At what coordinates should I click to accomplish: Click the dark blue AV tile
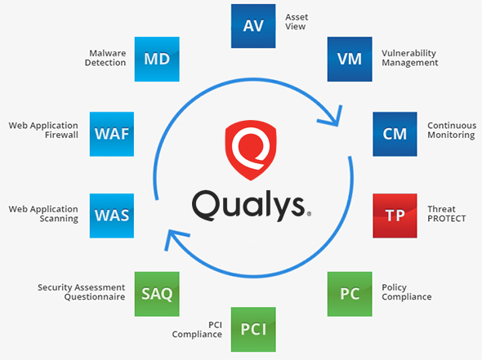click(252, 25)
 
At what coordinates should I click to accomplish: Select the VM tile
click(349, 59)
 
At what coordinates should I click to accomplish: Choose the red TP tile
click(395, 216)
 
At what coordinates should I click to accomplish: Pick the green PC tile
click(350, 292)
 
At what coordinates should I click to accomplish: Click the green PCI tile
click(253, 328)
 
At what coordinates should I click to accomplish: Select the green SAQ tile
click(156, 292)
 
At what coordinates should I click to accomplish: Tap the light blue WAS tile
click(110, 216)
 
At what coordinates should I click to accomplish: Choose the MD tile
click(156, 59)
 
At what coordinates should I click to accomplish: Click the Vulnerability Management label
click(409, 57)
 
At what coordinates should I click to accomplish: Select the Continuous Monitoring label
click(450, 131)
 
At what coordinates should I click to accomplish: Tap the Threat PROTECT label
click(446, 213)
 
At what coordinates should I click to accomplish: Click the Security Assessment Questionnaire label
click(81, 292)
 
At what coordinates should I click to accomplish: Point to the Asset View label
click(297, 21)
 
